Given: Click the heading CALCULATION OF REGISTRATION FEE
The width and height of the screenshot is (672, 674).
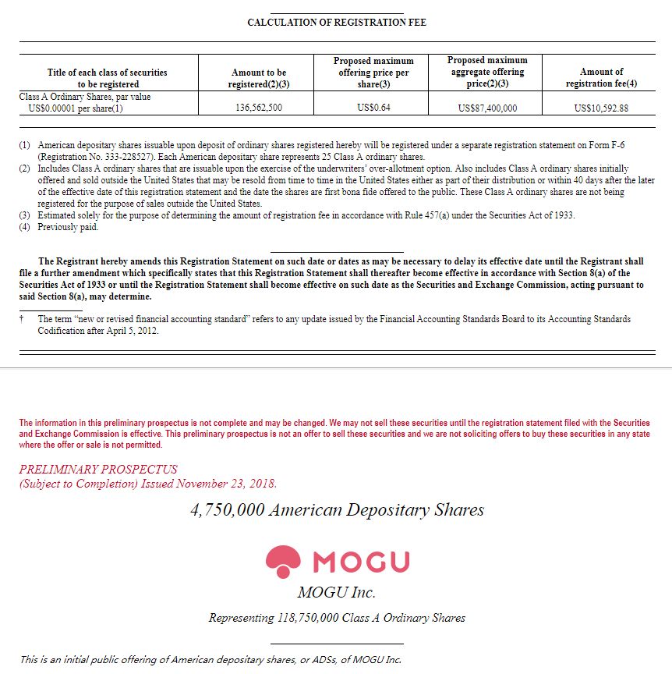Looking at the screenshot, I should (x=336, y=23).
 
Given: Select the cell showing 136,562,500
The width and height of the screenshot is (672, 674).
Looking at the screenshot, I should (x=258, y=108).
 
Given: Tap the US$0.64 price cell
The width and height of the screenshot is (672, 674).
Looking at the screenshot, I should (x=373, y=108).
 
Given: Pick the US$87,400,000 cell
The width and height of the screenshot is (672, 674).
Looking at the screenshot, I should (x=487, y=108).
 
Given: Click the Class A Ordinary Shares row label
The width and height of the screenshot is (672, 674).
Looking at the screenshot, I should (x=85, y=102).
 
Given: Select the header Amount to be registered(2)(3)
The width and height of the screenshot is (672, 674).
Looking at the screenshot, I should (x=259, y=78).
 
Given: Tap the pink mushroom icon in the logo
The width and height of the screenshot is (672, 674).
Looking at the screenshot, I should (x=283, y=560).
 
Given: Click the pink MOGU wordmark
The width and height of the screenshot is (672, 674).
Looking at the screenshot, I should (x=360, y=562).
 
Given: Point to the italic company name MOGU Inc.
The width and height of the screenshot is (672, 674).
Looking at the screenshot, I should (x=336, y=593).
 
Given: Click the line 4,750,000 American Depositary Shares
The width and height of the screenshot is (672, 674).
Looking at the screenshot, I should (x=337, y=510).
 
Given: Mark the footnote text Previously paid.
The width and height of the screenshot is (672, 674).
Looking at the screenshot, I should (x=69, y=228).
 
